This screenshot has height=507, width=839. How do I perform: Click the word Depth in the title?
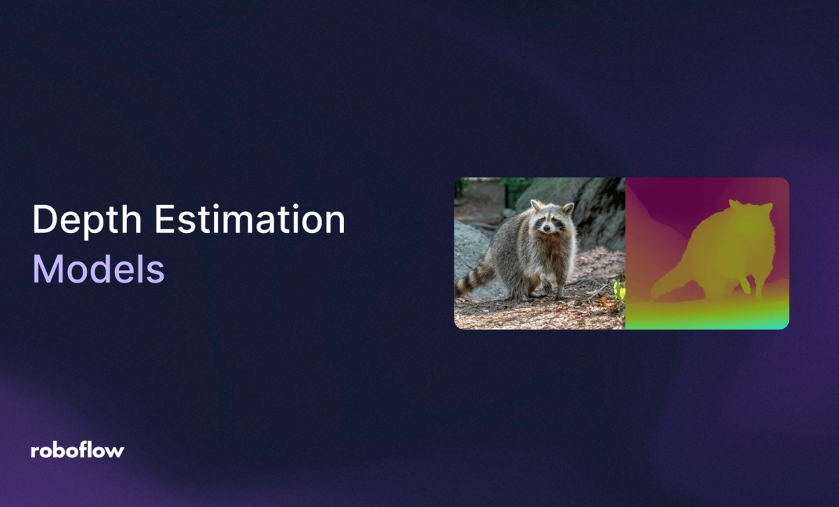(x=87, y=221)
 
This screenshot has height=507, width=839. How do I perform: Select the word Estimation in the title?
(x=250, y=221)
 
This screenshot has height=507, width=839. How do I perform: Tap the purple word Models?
(x=99, y=269)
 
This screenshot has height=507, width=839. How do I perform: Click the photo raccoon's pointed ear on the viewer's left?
(x=536, y=205)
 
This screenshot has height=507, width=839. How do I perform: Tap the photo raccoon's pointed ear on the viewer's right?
(x=568, y=208)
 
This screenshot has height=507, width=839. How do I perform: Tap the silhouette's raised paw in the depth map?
(x=747, y=285)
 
